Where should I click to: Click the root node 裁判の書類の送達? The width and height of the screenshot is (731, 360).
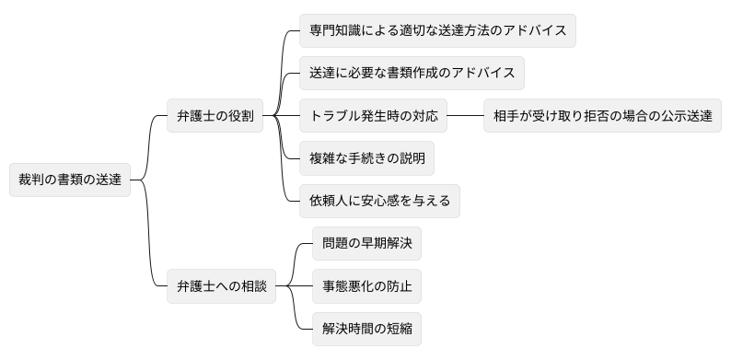click(x=69, y=180)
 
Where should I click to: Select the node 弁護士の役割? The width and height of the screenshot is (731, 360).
click(x=215, y=116)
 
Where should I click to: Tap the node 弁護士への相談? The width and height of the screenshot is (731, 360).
click(x=222, y=286)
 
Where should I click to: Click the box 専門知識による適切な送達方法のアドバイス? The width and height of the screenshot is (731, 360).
click(x=438, y=30)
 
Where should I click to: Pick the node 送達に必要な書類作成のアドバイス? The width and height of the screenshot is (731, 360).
click(x=412, y=73)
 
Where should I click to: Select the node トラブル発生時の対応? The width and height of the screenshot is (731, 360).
click(x=374, y=116)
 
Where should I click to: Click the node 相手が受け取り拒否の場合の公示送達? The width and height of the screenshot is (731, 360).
click(x=602, y=116)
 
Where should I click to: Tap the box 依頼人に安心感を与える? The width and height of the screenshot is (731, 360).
click(x=380, y=201)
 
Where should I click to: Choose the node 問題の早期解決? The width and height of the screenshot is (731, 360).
click(x=366, y=244)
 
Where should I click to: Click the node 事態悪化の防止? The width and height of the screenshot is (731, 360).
click(x=366, y=286)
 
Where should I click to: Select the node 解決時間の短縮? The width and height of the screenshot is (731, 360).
click(x=366, y=329)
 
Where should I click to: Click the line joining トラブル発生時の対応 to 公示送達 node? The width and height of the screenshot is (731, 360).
click(x=465, y=116)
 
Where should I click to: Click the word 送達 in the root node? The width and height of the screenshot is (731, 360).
click(x=108, y=180)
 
